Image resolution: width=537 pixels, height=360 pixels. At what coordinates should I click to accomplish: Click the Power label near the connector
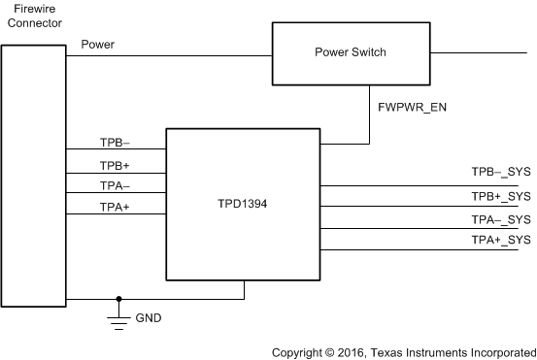click(99, 45)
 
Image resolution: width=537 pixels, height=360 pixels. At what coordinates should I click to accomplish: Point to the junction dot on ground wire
click(118, 299)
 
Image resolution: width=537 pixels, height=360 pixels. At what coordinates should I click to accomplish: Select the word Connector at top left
click(32, 23)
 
